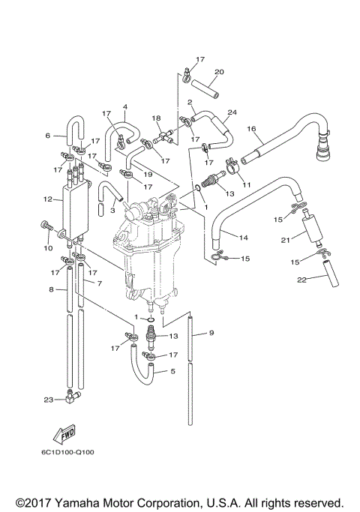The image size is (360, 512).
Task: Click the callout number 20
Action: click(x=218, y=73)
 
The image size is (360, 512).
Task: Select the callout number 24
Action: click(x=233, y=113)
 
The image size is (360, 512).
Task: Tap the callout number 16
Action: click(x=253, y=129)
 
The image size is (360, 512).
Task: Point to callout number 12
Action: click(x=47, y=199)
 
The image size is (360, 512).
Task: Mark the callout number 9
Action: click(x=212, y=333)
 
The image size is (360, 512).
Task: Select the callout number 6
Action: click(x=47, y=136)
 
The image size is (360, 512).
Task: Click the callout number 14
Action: click(x=244, y=238)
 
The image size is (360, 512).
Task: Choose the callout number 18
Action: click(x=157, y=118)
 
